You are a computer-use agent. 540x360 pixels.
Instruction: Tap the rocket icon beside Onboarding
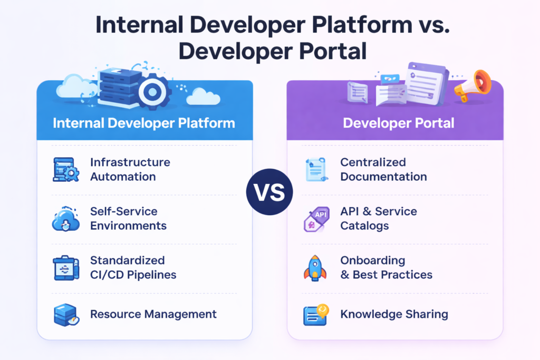[x=315, y=267]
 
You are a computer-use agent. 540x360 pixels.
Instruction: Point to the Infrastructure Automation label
[x=130, y=169]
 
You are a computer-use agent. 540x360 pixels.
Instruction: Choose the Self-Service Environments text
[x=128, y=218]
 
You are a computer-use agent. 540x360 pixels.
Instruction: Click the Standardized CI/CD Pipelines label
[x=133, y=267]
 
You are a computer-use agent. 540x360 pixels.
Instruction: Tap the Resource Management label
[x=153, y=314]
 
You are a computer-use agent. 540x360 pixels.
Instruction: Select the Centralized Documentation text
[x=383, y=169]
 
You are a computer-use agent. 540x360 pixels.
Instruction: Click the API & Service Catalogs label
[x=378, y=218]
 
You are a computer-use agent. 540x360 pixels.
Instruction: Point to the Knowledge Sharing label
[x=394, y=314]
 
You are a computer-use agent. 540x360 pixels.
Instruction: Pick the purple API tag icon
[x=316, y=218]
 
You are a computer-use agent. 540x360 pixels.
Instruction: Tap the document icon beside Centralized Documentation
[x=316, y=170]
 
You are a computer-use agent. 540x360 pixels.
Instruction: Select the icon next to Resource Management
[x=66, y=315]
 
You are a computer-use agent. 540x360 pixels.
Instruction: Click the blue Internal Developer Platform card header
[x=144, y=123]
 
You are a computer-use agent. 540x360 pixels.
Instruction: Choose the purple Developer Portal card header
[x=395, y=123]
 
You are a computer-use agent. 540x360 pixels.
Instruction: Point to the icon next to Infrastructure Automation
[x=66, y=170]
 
